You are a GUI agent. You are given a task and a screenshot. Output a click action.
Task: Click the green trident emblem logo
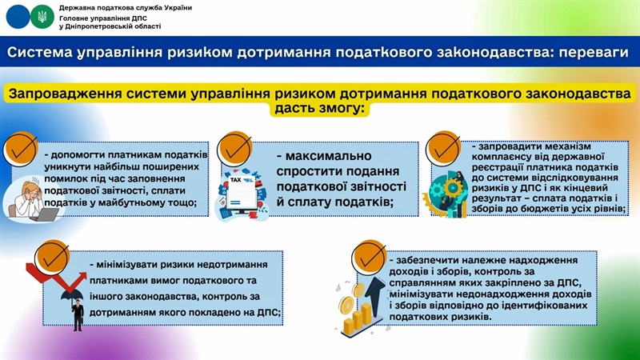[x=42, y=17]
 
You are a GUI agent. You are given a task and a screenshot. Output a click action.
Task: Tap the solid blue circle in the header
[x=18, y=17]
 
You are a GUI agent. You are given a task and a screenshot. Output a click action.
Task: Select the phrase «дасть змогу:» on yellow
[x=319, y=109]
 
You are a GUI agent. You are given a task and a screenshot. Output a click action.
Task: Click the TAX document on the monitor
[x=242, y=192]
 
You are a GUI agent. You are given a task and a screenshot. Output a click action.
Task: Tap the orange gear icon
[x=452, y=188]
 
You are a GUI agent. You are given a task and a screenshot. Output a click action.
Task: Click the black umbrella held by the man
[x=73, y=294]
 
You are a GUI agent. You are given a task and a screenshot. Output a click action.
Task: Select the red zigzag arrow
[x=56, y=278]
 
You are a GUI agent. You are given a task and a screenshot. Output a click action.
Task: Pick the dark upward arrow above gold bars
[x=374, y=291]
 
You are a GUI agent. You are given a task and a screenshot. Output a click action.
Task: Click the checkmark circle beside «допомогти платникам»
[x=21, y=150]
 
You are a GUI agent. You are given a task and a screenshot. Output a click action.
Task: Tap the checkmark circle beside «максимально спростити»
[x=234, y=149]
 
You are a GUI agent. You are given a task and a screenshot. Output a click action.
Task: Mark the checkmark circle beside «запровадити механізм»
[x=442, y=149]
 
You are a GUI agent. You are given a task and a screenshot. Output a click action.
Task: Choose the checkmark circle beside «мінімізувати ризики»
[x=52, y=258]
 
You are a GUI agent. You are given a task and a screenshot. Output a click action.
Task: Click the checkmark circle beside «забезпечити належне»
[x=369, y=258]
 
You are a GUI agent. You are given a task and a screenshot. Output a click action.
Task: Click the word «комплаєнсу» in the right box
[x=500, y=157]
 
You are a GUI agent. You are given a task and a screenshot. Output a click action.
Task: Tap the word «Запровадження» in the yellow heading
[x=66, y=94]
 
